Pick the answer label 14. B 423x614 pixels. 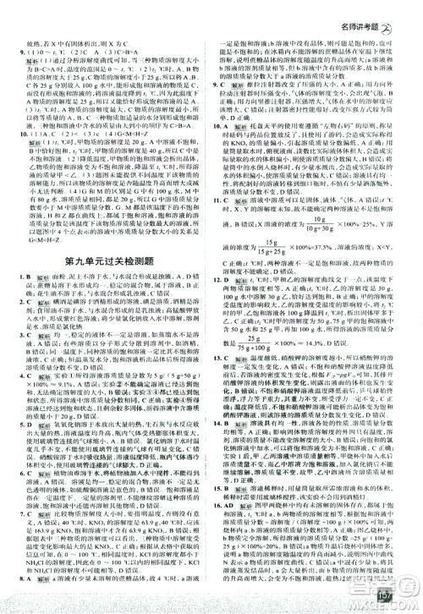click(x=222, y=419)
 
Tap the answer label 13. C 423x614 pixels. click(x=222, y=358)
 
